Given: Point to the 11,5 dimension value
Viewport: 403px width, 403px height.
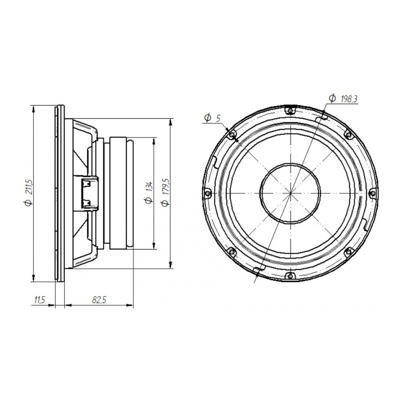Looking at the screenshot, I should (x=40, y=299).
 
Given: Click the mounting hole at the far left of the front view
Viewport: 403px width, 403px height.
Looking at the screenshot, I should (x=208, y=193).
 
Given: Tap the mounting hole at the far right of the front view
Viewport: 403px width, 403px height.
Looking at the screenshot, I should (x=372, y=193).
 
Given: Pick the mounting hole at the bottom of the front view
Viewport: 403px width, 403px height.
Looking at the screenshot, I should (x=290, y=275).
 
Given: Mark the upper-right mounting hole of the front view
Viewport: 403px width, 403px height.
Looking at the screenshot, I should (x=348, y=134).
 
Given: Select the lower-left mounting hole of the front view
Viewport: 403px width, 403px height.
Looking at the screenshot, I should (x=232, y=251).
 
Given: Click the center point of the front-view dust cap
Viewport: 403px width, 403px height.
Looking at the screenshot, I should (x=290, y=193).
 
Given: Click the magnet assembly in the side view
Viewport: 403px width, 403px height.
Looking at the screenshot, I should (x=121, y=193).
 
